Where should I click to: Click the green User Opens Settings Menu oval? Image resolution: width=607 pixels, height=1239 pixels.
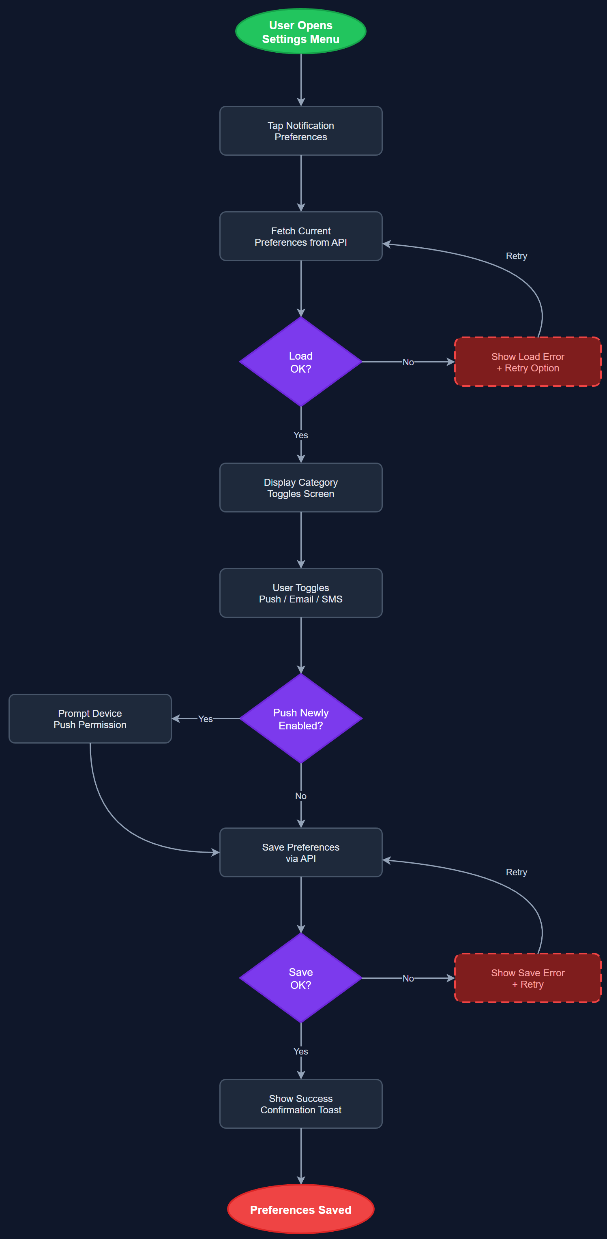300,32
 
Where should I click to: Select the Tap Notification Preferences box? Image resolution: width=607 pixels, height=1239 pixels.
300,131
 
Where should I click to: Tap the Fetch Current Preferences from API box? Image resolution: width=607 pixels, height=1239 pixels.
300,236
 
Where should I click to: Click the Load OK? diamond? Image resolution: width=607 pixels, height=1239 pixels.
300,362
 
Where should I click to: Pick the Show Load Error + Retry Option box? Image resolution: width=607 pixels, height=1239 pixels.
527,362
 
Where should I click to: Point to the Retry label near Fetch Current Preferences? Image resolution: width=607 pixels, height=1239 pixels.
516,256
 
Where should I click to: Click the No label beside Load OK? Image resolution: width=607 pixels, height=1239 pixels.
408,362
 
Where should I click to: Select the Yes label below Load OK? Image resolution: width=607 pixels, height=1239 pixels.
300,435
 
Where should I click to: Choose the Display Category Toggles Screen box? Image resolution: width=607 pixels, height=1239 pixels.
300,488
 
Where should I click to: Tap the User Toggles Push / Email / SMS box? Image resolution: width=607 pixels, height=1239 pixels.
300,593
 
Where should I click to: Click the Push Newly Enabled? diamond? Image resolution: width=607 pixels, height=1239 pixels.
300,718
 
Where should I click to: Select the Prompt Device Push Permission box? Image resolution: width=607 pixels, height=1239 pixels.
90,718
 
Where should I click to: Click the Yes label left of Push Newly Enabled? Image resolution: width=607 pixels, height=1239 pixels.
206,718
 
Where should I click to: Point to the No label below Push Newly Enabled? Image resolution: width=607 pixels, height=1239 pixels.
300,796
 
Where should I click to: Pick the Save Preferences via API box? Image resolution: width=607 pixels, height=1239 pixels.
300,852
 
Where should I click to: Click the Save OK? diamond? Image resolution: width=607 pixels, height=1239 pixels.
300,978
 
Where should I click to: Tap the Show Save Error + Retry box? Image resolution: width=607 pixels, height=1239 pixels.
527,978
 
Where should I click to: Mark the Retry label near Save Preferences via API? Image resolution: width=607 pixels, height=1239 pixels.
516,872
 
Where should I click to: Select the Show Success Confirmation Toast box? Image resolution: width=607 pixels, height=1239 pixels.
300,1104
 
